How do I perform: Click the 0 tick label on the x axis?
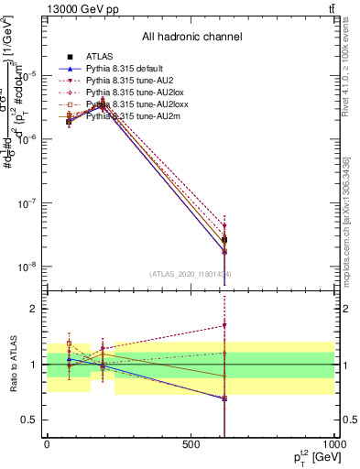pyautogui.click(x=47, y=444)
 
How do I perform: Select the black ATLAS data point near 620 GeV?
pyautogui.click(x=224, y=240)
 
